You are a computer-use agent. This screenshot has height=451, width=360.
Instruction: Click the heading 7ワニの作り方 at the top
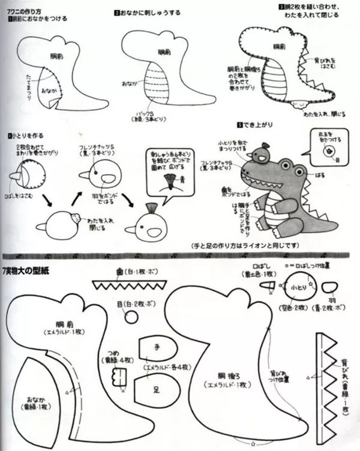coord(24,11)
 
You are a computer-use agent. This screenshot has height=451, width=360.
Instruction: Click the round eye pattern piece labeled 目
coord(130,316)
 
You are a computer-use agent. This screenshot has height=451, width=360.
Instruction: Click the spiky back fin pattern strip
coord(328,384)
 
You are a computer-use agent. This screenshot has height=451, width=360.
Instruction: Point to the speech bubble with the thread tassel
coord(170,171)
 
